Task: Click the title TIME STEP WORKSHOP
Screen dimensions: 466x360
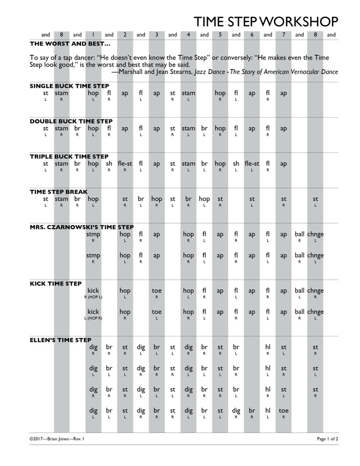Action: pyautogui.click(x=266, y=22)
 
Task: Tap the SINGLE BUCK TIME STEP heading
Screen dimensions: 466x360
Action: pyautogui.click(x=69, y=86)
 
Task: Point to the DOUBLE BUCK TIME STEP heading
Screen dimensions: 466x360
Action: pyautogui.click(x=71, y=121)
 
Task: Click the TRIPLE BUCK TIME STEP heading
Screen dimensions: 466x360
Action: pyautogui.click(x=69, y=157)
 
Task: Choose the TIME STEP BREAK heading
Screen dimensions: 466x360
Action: pyautogui.click(x=59, y=192)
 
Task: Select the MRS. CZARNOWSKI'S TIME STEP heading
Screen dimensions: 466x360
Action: pyautogui.click(x=82, y=227)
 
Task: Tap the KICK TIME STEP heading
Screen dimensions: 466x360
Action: pyautogui.click(x=56, y=283)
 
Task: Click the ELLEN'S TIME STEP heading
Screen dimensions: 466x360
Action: pyautogui.click(x=61, y=340)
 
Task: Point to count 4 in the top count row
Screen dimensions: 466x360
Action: pyautogui.click(x=188, y=35)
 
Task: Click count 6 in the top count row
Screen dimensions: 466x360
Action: pyautogui.click(x=252, y=35)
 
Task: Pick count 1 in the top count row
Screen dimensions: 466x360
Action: pyautogui.click(x=93, y=35)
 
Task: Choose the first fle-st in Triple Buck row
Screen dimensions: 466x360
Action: pyautogui.click(x=125, y=164)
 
